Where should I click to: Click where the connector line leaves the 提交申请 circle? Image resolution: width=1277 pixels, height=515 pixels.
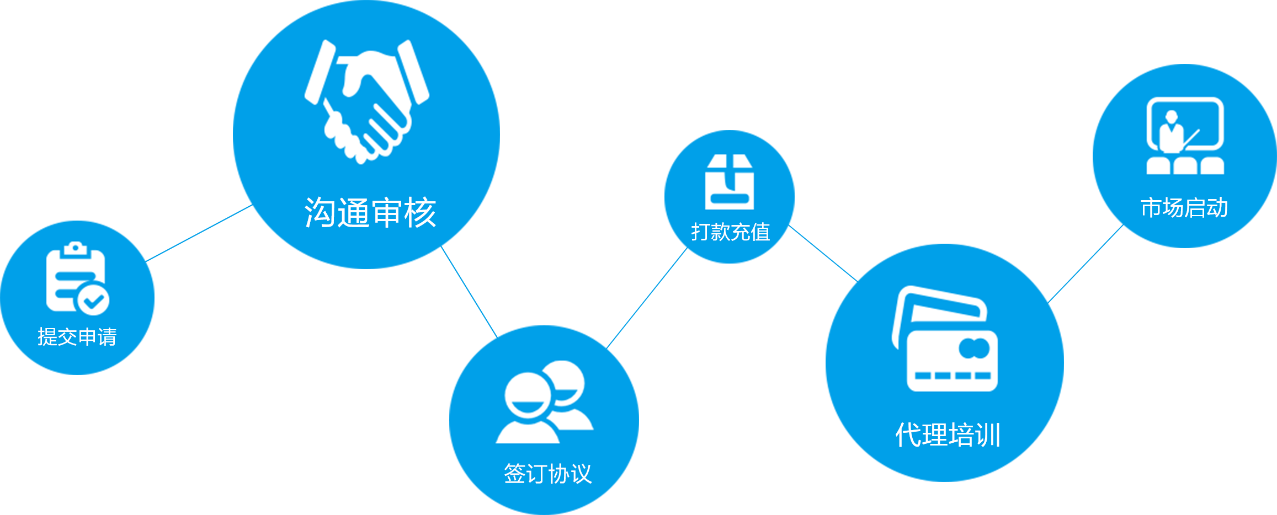145,261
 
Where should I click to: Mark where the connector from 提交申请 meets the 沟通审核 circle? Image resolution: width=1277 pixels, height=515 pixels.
253,205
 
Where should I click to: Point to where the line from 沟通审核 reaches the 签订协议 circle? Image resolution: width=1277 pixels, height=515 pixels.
498,338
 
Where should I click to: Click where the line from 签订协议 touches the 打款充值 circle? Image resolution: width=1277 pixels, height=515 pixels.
688,247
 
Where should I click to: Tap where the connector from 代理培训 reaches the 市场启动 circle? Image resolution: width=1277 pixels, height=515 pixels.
1124,224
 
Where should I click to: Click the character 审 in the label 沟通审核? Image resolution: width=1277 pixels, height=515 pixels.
386,212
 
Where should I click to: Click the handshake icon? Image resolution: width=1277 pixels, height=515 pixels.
367,101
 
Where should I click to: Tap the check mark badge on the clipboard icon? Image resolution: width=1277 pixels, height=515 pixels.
93,300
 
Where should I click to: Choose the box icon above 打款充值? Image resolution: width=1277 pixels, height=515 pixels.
730,182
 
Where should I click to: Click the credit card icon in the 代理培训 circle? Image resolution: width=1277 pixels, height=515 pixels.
945,339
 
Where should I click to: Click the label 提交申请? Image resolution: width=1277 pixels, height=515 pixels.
77,337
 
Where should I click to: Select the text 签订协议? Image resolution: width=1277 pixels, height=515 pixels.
548,474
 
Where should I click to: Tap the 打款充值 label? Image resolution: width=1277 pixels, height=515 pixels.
731,232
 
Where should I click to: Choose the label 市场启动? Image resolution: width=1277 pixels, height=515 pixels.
1184,208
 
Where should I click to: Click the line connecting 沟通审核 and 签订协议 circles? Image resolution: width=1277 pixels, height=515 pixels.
469,292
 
